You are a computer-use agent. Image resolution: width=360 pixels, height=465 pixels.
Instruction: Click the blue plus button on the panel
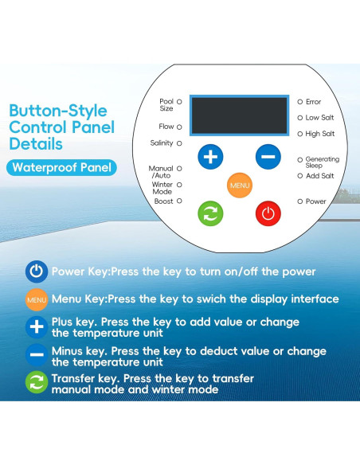click(210, 157)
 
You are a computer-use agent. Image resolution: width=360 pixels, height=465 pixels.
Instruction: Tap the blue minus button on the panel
click(268, 157)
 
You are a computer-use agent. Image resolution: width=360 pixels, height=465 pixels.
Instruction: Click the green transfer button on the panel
click(210, 213)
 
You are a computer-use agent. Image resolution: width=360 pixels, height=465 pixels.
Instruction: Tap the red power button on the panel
click(268, 213)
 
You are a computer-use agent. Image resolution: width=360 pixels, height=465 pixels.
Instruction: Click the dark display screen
click(239, 115)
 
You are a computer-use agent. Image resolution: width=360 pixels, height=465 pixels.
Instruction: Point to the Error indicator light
click(299, 102)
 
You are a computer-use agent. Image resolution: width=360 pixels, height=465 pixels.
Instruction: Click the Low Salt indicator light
click(299, 118)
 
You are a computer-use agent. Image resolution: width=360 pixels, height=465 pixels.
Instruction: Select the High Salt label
click(320, 134)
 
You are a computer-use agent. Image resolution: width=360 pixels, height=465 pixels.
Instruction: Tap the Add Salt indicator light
click(299, 176)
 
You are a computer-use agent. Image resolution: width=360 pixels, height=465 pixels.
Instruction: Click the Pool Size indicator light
click(179, 102)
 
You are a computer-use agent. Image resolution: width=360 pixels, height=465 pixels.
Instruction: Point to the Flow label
click(166, 127)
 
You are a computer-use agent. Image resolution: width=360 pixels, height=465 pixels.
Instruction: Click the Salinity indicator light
click(179, 143)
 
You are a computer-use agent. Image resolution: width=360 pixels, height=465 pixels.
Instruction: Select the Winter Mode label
click(162, 188)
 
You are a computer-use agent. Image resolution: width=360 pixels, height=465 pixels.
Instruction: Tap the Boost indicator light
click(179, 201)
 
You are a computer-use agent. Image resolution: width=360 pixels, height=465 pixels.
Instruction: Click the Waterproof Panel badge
click(61, 167)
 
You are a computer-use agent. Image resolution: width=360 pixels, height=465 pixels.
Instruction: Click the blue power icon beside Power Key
click(37, 272)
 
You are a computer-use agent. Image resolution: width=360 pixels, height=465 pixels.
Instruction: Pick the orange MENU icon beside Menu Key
click(37, 299)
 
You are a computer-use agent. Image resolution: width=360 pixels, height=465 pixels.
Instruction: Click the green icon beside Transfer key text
click(37, 382)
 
